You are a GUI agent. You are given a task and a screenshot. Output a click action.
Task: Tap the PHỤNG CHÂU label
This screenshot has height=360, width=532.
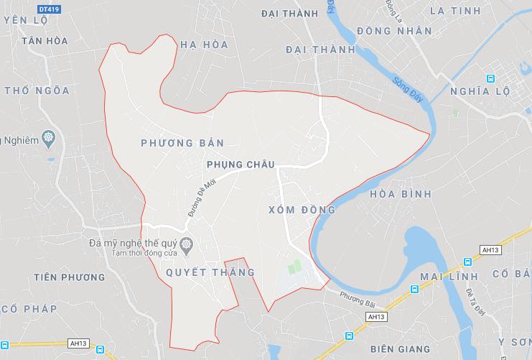pyautogui.click(x=240, y=165)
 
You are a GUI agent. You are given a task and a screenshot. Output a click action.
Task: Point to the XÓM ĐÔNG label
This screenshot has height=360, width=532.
pyautogui.click(x=302, y=210)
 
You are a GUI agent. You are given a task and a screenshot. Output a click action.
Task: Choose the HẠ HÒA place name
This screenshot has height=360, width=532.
pyautogui.click(x=204, y=45)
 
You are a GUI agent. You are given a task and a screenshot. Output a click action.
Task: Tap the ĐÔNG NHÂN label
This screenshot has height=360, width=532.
pyautogui.click(x=394, y=31)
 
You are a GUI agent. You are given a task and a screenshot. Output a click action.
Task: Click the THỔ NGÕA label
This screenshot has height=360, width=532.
pyautogui.click(x=37, y=91)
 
